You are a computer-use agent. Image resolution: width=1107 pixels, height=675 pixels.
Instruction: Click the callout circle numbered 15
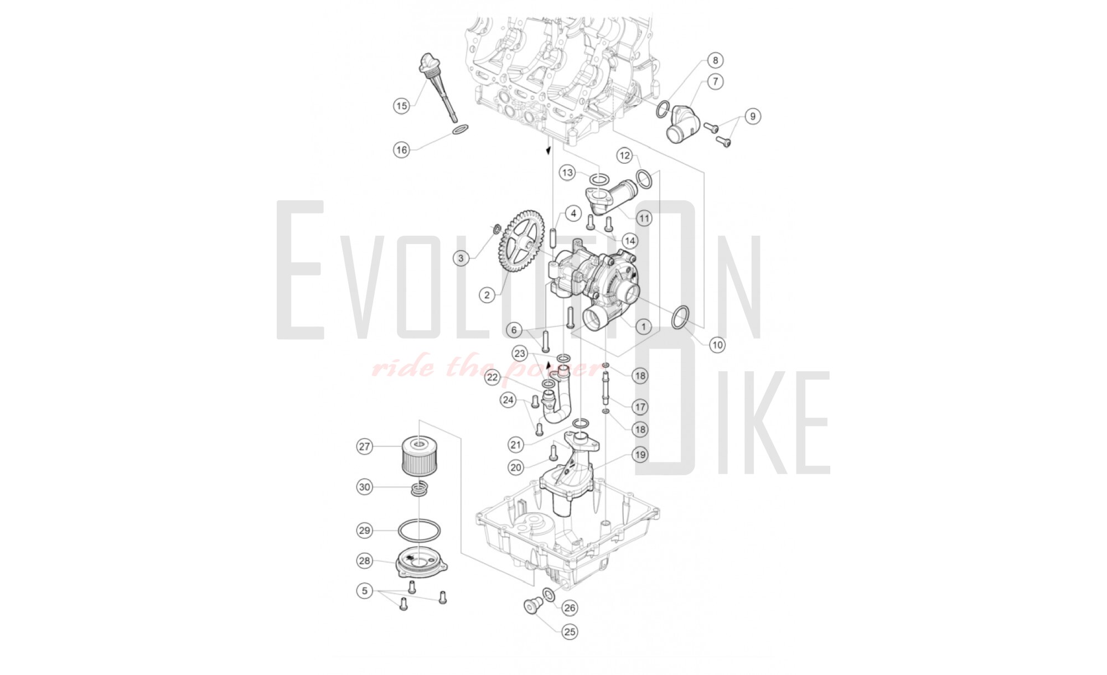[401, 105]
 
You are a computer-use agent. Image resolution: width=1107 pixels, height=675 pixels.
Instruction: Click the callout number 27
[364, 446]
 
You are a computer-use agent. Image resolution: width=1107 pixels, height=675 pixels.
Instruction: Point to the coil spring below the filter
[420, 489]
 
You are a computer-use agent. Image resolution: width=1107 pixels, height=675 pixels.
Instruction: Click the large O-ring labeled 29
[420, 530]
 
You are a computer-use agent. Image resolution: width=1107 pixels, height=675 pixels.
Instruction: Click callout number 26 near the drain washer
[570, 607]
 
